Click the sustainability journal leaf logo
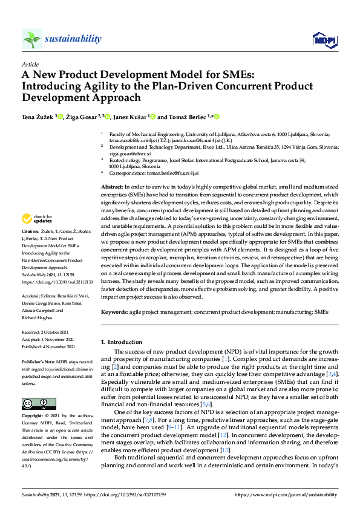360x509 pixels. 32,39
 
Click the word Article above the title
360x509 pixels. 30,63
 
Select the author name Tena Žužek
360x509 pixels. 38,117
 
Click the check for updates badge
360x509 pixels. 38,218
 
